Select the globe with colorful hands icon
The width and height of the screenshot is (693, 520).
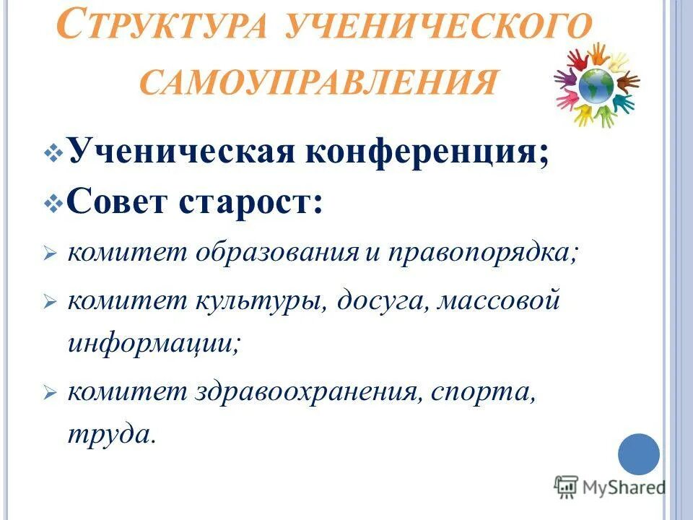[596, 85]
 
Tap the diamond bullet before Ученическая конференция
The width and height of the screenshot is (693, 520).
[55, 154]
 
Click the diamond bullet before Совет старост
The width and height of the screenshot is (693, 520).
[55, 203]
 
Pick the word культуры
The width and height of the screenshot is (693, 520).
[258, 300]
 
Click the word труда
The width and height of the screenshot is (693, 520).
[110, 434]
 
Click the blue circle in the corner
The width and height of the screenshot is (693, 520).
[639, 454]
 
